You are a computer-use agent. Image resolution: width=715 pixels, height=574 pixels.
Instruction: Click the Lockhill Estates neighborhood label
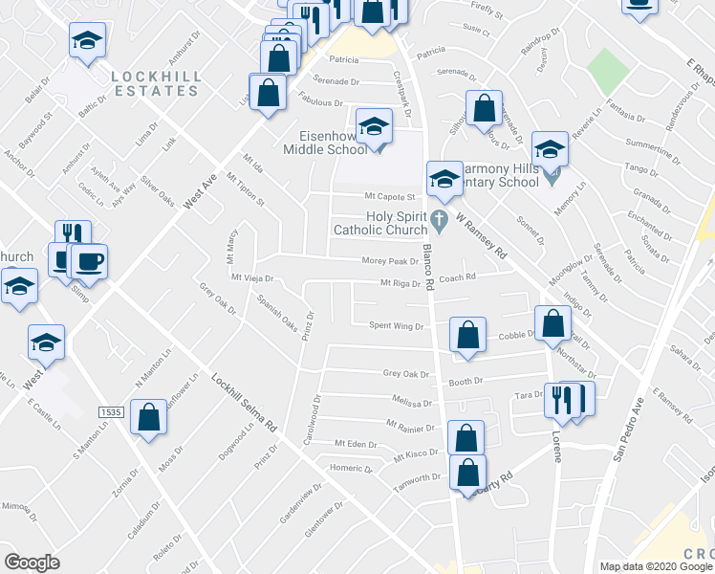pos(154,82)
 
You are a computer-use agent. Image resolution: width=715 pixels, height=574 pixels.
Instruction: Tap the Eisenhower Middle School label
pos(324,142)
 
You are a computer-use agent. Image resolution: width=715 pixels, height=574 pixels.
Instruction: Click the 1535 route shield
pos(111,411)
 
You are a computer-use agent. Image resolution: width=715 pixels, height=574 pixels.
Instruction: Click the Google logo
pos(32,563)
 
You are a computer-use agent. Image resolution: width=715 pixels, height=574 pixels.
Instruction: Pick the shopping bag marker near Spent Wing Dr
pos(467,336)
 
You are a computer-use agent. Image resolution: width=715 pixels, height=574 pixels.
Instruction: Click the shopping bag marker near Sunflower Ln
pos(148,418)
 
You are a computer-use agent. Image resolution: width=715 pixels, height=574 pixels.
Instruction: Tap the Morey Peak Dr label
pos(390,261)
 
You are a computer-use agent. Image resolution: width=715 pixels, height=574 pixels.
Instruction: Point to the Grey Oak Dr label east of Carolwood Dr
pos(402,374)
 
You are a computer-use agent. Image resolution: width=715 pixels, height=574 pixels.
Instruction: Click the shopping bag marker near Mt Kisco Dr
pos(465,439)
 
